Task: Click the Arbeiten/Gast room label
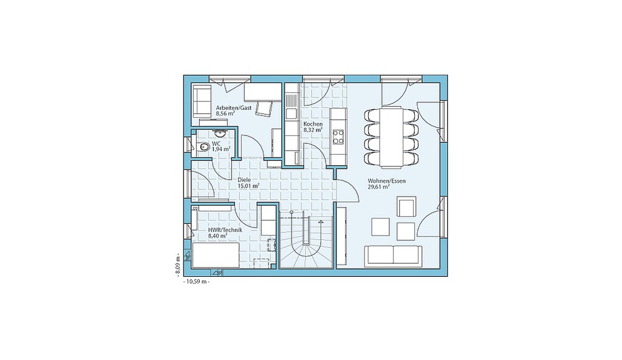233,108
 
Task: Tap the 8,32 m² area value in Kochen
313,130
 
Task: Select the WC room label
216,143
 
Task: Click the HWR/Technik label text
225,230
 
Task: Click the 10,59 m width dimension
196,282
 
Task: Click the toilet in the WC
203,148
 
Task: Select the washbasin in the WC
219,132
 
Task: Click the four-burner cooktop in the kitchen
338,137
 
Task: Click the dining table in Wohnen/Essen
391,137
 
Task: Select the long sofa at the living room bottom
393,255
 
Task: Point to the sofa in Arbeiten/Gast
202,101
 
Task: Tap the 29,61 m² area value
379,187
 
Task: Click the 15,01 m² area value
248,185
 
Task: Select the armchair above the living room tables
406,206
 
